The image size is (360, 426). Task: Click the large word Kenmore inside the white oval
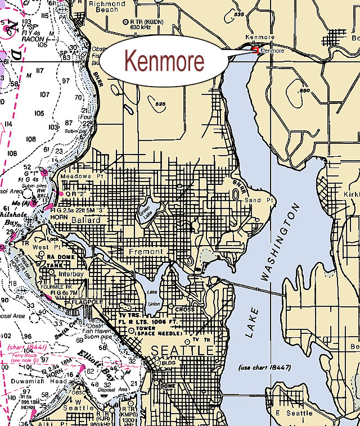(164, 61)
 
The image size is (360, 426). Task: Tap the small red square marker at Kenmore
(255, 50)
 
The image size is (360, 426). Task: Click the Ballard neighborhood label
(85, 220)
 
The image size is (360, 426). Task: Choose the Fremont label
(146, 251)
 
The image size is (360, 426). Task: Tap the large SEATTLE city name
(180, 350)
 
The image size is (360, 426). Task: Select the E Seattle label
(292, 413)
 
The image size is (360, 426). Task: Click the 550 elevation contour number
(305, 90)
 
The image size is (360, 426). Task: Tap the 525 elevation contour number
(160, 104)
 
